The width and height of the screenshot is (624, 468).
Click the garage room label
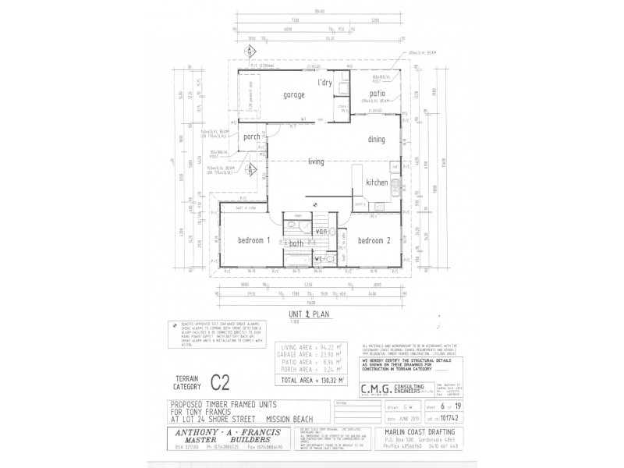tap(294, 94)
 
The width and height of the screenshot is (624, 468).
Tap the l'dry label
tap(324, 83)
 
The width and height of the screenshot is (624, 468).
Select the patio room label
tap(378, 94)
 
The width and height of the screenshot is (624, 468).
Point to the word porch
tap(251, 137)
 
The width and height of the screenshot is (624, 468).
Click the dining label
tap(377, 139)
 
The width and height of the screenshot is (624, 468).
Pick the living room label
tap(316, 161)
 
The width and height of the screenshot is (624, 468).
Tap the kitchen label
tap(377, 181)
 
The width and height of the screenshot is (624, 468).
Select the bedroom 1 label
tap(253, 240)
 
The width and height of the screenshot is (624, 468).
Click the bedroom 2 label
tap(374, 240)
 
